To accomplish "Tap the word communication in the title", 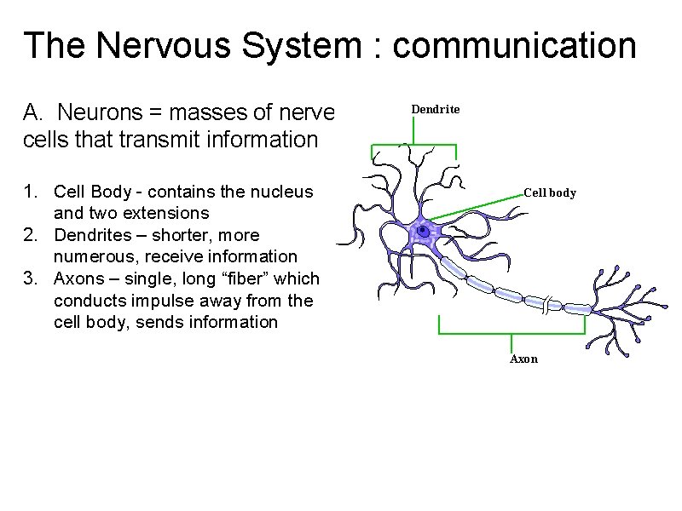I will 515,45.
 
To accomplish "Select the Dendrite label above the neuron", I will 436,109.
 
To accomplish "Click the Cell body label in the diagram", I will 550,192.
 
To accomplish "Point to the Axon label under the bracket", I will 523,359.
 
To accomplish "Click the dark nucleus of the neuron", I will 423,231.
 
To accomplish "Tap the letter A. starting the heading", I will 33,112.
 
